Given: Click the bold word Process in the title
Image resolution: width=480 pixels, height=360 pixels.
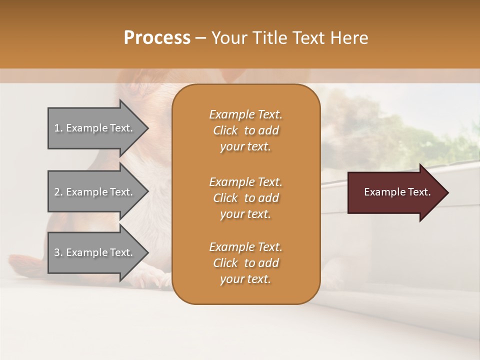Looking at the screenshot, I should [157, 38].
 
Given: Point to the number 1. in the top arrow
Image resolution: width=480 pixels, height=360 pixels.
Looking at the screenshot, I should [58, 128].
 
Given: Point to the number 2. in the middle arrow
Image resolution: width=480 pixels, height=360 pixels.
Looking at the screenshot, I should [58, 192].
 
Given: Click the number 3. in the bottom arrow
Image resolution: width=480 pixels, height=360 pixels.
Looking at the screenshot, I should [58, 252].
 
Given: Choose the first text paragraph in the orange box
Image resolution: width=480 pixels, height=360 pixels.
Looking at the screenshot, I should [245, 130].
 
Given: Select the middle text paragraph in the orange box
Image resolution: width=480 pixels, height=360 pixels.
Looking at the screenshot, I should [245, 198].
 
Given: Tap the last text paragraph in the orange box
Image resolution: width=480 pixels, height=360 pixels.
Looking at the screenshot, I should [245, 263].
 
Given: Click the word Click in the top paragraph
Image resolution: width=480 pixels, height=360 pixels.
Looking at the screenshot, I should [225, 130].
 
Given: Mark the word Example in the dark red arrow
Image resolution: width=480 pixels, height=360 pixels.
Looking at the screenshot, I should [380, 192].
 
